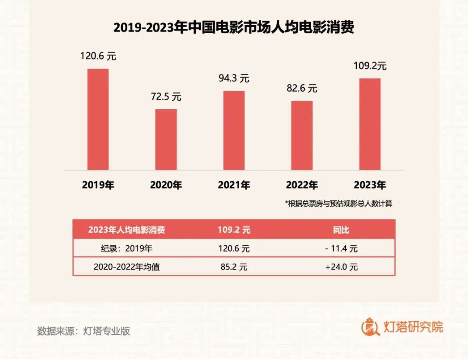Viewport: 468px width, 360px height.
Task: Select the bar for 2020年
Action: click(166, 140)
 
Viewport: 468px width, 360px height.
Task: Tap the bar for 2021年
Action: click(234, 130)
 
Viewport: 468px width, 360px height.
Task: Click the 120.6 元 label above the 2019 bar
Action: click(98, 56)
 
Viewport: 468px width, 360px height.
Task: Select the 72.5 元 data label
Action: click(166, 97)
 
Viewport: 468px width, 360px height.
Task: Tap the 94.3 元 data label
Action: click(234, 78)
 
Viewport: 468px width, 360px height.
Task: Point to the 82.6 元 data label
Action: click(302, 88)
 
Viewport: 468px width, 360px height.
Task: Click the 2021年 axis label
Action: click(234, 185)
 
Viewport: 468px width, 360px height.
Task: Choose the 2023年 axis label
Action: click(370, 185)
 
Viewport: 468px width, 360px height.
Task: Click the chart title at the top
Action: click(234, 28)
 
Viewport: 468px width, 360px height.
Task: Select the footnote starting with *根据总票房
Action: click(339, 204)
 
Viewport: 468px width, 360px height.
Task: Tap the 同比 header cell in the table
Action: click(341, 230)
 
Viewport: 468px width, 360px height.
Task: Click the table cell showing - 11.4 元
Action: click(341, 248)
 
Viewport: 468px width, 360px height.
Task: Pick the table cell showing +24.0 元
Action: click(341, 267)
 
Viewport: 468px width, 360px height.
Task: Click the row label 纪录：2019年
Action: click(127, 248)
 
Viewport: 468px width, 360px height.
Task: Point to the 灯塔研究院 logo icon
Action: click(370, 328)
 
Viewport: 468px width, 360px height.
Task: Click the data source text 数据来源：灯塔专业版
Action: click(84, 331)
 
